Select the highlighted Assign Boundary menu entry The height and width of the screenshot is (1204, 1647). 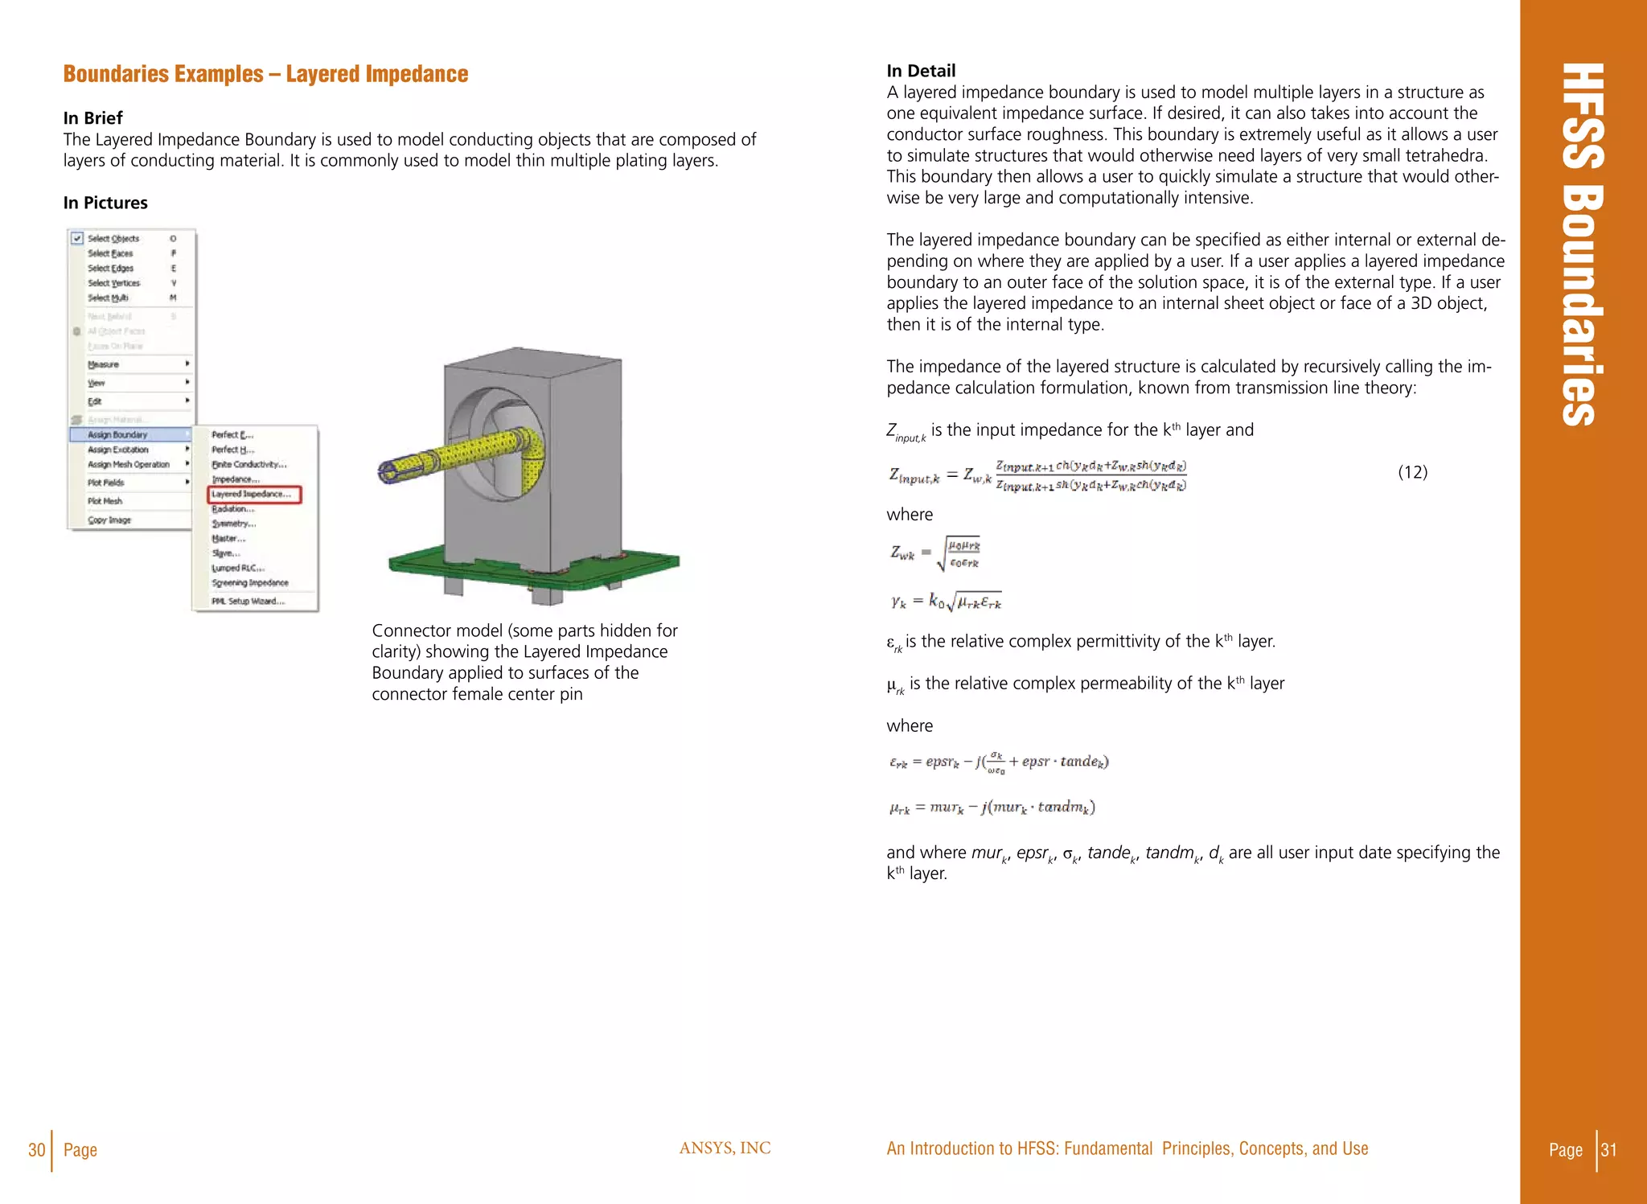[118, 435]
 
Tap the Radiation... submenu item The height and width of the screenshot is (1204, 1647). [233, 509]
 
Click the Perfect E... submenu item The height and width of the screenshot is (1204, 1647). [232, 435]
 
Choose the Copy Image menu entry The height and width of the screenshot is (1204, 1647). [109, 520]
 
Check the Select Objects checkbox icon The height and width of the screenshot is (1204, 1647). [77, 239]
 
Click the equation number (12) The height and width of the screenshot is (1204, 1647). [1412, 473]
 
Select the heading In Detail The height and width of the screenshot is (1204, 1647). [921, 71]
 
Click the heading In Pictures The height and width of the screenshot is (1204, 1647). [105, 203]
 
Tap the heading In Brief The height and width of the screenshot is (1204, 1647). [93, 118]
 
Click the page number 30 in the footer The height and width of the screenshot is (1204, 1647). [36, 1150]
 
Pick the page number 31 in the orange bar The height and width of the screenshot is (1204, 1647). [1608, 1150]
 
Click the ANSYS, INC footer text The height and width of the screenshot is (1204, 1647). [725, 1149]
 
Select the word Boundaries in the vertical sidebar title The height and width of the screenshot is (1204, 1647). [1582, 306]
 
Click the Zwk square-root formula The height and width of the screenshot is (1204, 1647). [935, 553]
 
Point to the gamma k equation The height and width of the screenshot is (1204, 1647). [946, 601]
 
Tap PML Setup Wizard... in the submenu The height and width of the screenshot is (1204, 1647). [248, 602]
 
